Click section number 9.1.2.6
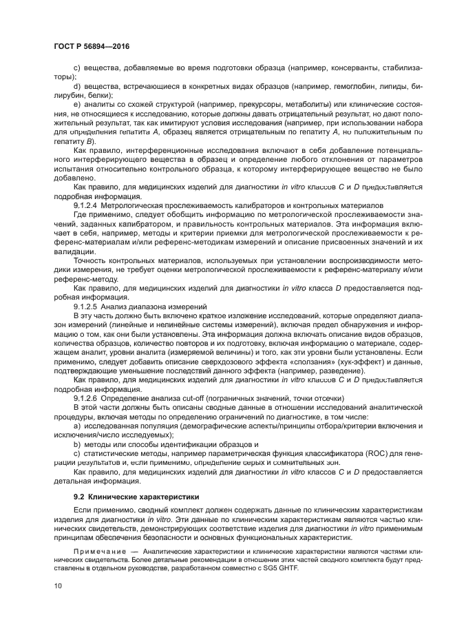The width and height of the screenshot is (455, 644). click(x=87, y=398)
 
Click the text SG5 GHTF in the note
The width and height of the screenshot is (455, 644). click(x=279, y=558)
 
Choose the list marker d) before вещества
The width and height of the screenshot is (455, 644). click(x=77, y=87)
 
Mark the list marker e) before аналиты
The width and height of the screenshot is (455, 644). click(x=77, y=104)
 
